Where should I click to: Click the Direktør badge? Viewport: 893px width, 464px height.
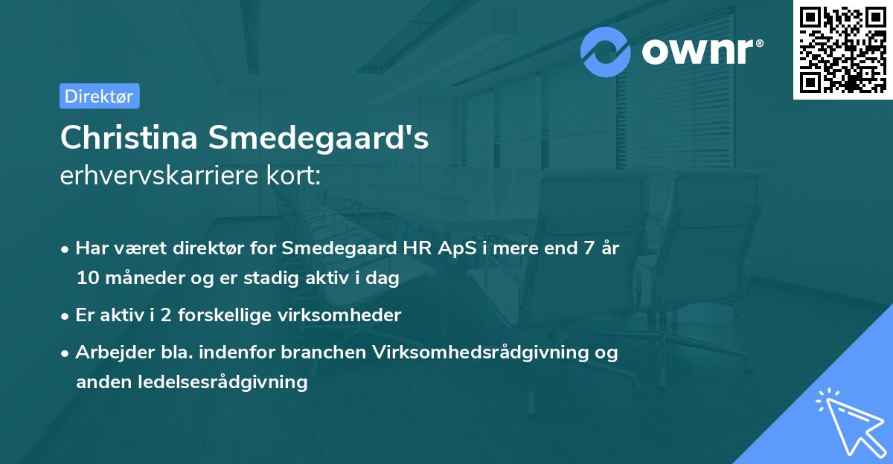click(x=99, y=96)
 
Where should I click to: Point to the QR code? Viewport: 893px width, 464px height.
click(x=842, y=49)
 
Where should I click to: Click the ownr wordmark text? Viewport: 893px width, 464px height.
click(x=702, y=51)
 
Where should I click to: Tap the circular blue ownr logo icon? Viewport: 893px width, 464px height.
click(x=606, y=52)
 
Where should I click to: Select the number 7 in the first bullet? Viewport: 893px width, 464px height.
click(x=589, y=249)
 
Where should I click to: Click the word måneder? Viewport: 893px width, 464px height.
click(x=136, y=279)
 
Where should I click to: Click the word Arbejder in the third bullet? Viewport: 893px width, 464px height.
click(x=106, y=352)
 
